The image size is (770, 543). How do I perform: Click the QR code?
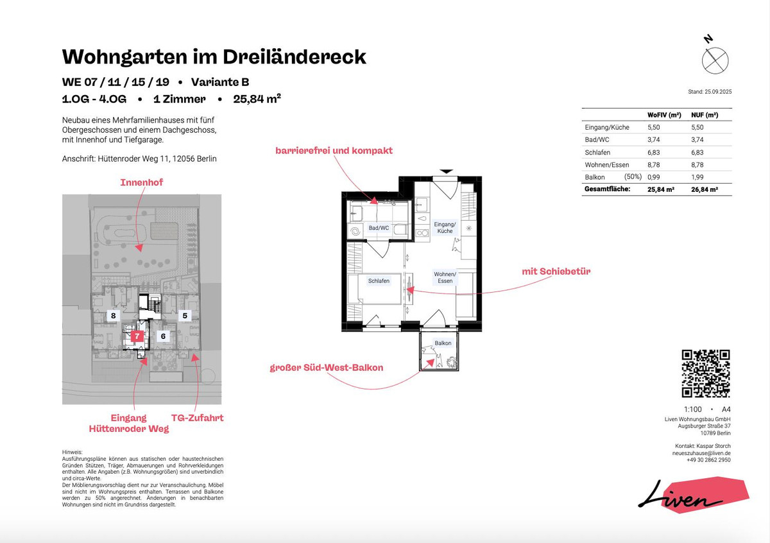(x=706, y=374)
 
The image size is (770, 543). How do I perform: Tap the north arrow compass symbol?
(x=715, y=59)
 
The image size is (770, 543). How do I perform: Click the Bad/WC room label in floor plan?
(x=379, y=228)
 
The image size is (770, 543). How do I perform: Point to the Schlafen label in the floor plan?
(x=379, y=281)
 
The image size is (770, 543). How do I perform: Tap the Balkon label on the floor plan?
(x=442, y=343)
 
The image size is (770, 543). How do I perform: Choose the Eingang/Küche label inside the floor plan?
(x=443, y=227)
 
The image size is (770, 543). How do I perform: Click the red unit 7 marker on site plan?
(x=135, y=336)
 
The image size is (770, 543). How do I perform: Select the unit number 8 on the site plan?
(x=113, y=316)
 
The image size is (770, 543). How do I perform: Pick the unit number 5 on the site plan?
(x=184, y=316)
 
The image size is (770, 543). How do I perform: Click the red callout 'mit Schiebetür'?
(x=556, y=271)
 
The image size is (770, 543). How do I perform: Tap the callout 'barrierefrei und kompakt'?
(x=334, y=151)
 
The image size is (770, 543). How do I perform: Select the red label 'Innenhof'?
(x=141, y=183)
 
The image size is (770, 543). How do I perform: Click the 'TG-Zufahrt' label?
(x=198, y=418)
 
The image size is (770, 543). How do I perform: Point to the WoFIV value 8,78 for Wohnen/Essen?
(x=653, y=165)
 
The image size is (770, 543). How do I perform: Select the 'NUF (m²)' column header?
(x=704, y=115)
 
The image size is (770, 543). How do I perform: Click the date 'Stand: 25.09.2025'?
(x=709, y=92)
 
